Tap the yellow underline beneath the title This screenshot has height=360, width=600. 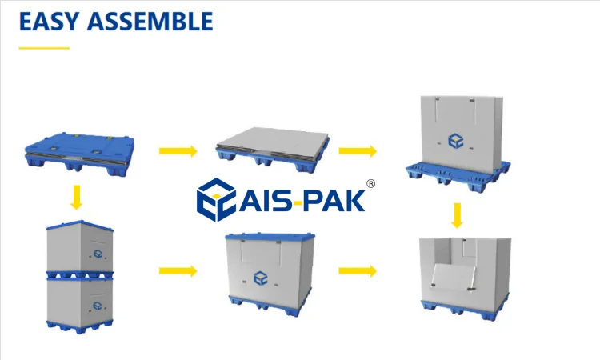(44, 48)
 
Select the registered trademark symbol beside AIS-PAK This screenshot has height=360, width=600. (370, 183)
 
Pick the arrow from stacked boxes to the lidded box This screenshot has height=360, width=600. (178, 270)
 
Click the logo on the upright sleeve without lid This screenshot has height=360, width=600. (455, 142)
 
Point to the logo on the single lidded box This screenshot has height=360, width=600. (261, 278)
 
